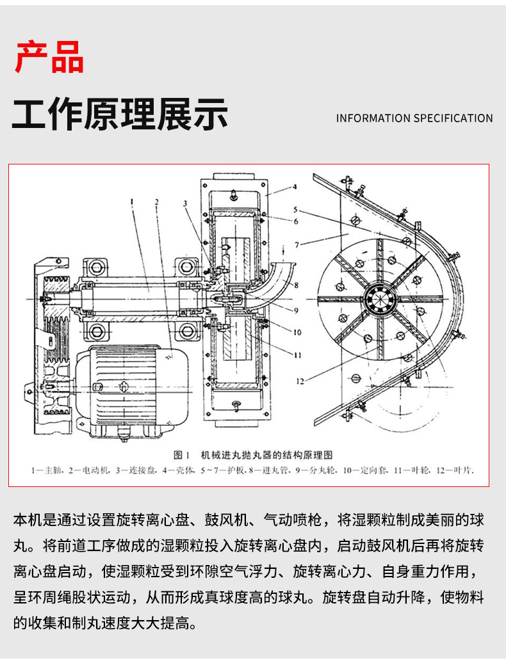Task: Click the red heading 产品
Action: tap(49, 57)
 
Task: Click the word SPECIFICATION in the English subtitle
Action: tap(453, 118)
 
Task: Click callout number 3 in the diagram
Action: tap(184, 203)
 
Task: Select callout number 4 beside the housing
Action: tap(295, 187)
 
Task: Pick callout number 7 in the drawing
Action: tap(297, 245)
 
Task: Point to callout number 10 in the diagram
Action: tap(297, 332)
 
